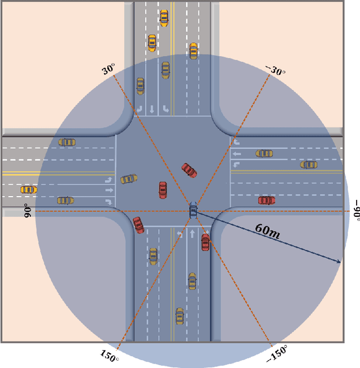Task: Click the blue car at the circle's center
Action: [x=193, y=211]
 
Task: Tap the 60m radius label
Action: [x=269, y=229]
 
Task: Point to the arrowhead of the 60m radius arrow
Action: [x=339, y=262]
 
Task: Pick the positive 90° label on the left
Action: [x=26, y=211]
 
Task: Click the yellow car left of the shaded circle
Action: [x=28, y=190]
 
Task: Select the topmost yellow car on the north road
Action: [x=164, y=18]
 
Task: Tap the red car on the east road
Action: [x=266, y=200]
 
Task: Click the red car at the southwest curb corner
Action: [x=138, y=225]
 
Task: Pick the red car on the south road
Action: [x=205, y=242]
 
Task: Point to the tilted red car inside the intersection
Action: [x=189, y=170]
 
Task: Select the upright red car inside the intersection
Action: [x=163, y=190]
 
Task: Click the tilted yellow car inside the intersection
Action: [x=129, y=179]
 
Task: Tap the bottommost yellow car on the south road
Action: [x=179, y=316]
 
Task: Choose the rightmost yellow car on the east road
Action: [x=309, y=165]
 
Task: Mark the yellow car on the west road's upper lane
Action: [x=67, y=142]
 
